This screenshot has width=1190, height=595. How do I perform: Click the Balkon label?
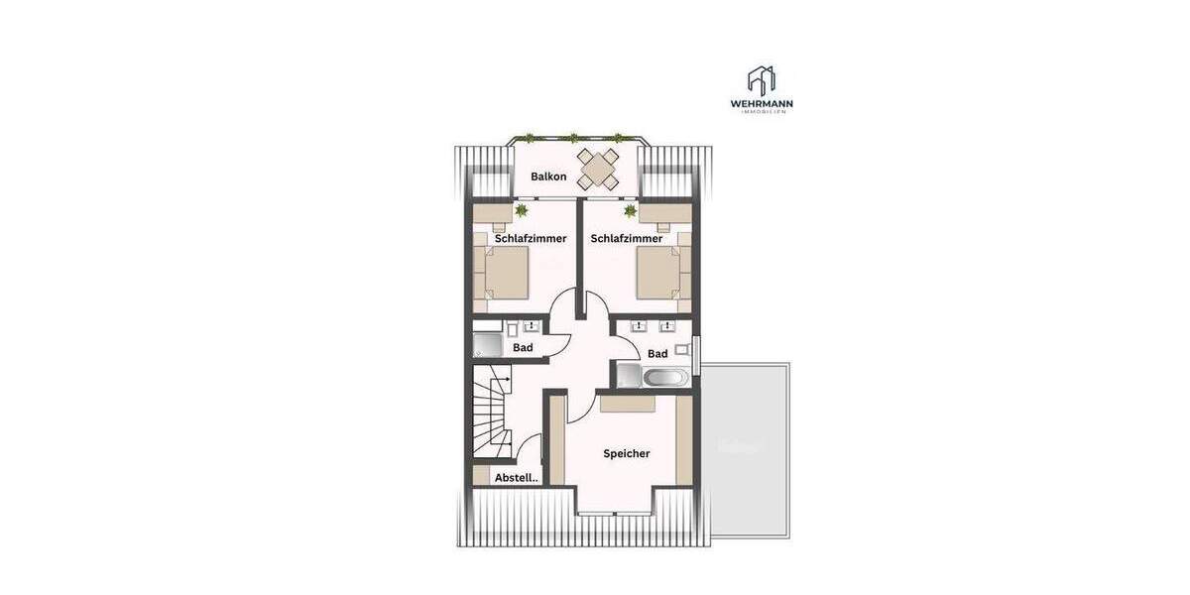point(548,177)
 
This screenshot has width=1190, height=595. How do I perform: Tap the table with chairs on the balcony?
point(599,170)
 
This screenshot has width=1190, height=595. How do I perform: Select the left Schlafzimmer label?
point(531,239)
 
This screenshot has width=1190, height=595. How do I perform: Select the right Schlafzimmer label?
point(626,239)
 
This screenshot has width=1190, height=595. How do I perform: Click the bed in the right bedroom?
point(657,273)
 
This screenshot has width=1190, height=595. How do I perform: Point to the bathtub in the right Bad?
point(663,377)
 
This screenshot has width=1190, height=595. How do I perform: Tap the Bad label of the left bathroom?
point(523,348)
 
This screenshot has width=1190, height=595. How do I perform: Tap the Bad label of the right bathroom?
point(657,354)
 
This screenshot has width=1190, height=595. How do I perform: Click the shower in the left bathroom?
point(487,346)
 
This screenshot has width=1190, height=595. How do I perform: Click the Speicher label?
point(627,454)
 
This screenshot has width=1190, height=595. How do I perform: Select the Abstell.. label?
point(516,478)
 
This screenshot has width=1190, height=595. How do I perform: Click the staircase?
point(493,412)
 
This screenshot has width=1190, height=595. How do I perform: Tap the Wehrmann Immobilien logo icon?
point(761,80)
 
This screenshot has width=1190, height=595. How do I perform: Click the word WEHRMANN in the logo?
point(761,103)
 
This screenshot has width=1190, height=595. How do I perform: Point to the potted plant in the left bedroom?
point(521,209)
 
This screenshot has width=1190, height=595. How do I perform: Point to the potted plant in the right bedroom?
point(629,210)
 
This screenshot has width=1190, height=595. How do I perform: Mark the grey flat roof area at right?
point(746,449)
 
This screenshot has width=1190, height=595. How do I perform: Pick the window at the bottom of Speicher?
point(612,513)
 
